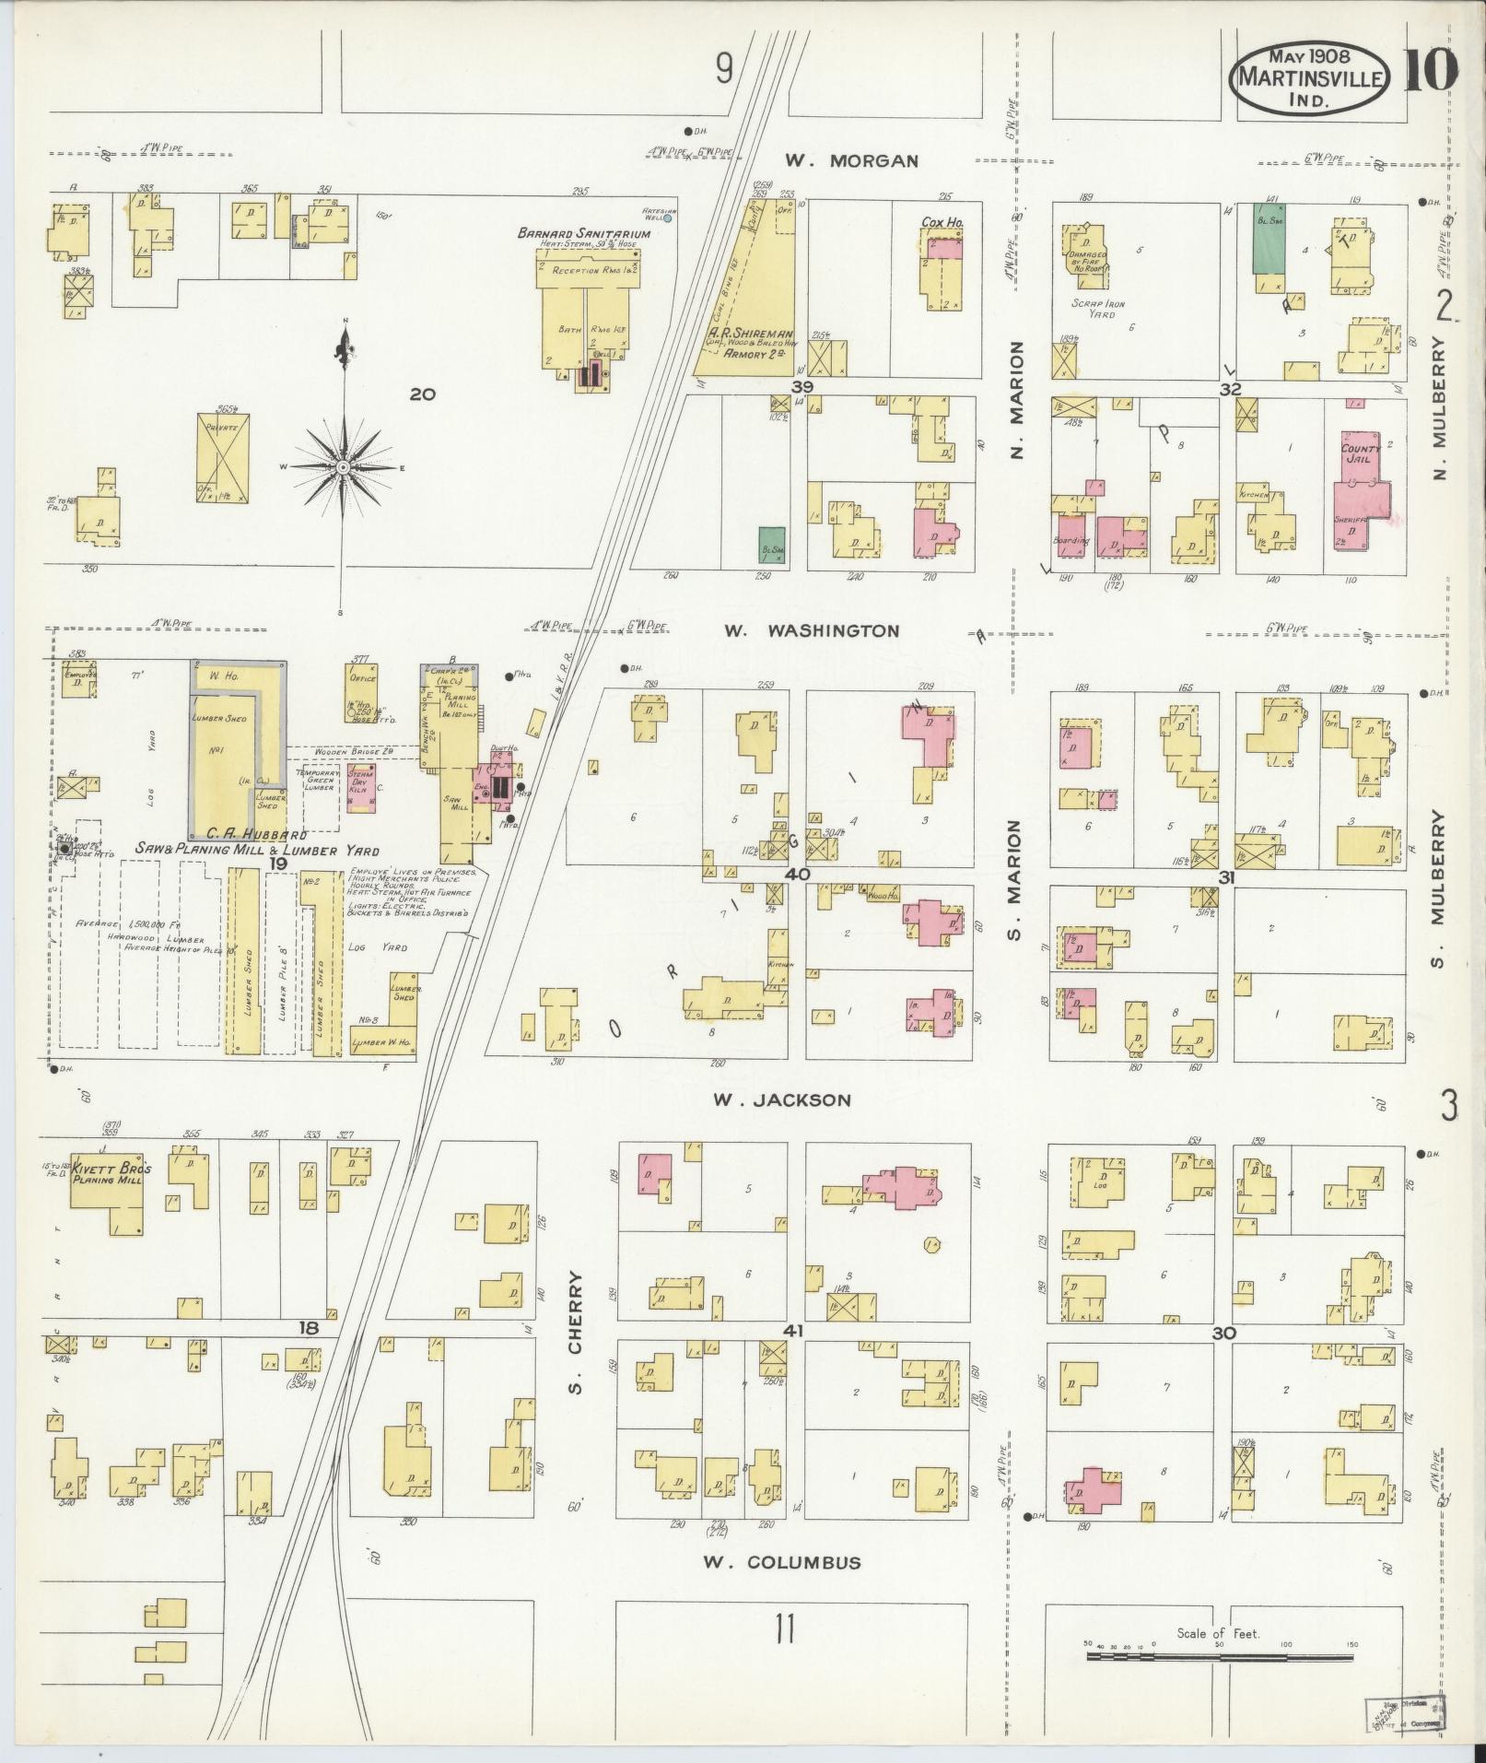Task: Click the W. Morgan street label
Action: [x=851, y=161]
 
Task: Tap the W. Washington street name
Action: [x=811, y=631]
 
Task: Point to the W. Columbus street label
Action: [x=782, y=1562]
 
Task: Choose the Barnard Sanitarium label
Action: [x=584, y=234]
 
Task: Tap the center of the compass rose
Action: [x=343, y=467]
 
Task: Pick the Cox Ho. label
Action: [x=942, y=222]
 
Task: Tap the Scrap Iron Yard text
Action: [x=1098, y=309]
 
